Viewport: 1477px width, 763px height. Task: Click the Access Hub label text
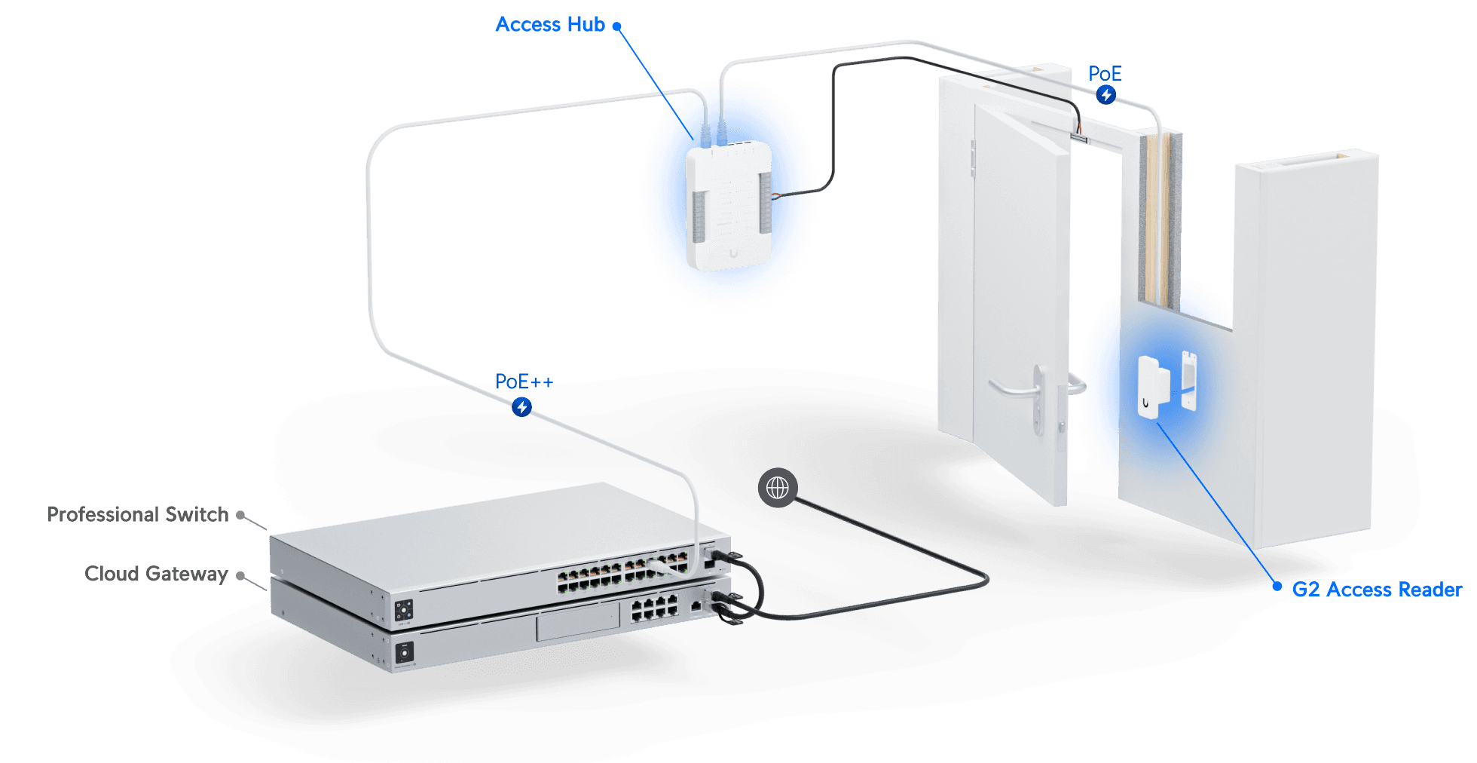pyautogui.click(x=550, y=25)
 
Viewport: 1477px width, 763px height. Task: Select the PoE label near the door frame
pyautogui.click(x=1105, y=74)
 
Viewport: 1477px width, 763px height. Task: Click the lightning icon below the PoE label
pyautogui.click(x=1105, y=95)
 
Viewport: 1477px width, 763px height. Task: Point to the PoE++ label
pyautogui.click(x=524, y=382)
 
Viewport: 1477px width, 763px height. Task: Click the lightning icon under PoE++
pyautogui.click(x=521, y=407)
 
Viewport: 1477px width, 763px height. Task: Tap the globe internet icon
pyautogui.click(x=778, y=489)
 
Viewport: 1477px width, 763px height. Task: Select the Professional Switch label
pyautogui.click(x=138, y=514)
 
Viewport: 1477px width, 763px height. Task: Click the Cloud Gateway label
pyautogui.click(x=156, y=574)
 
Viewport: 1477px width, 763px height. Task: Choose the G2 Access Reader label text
pyautogui.click(x=1377, y=590)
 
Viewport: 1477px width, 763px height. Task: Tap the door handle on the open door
pyautogui.click(x=1017, y=388)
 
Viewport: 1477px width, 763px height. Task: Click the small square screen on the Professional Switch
pyautogui.click(x=404, y=610)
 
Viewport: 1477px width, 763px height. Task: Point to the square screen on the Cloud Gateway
pyautogui.click(x=405, y=652)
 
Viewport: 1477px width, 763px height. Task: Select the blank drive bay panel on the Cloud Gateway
pyautogui.click(x=578, y=625)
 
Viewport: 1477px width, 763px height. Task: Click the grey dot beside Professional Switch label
pyautogui.click(x=240, y=516)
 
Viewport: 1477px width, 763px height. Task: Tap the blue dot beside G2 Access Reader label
pyautogui.click(x=1277, y=586)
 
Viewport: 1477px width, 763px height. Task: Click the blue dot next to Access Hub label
pyautogui.click(x=616, y=26)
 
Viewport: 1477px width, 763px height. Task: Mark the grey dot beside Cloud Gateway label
pyautogui.click(x=240, y=576)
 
